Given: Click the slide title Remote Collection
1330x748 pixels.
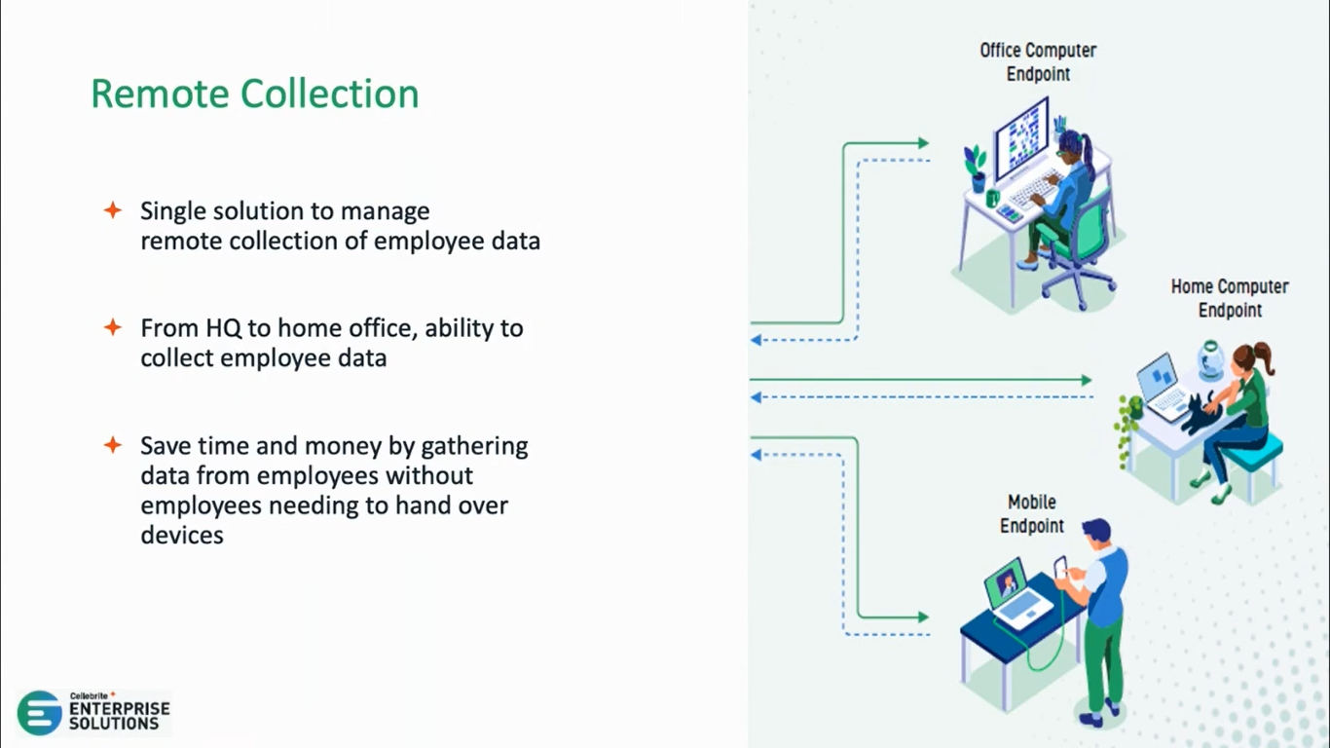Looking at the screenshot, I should (x=255, y=94).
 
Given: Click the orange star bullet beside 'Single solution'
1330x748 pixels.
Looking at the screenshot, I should (x=113, y=210).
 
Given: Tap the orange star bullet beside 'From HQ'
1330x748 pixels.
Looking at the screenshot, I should (x=113, y=327).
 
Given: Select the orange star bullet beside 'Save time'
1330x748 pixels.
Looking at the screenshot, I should (x=113, y=445).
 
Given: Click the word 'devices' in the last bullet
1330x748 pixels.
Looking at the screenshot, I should (x=182, y=535).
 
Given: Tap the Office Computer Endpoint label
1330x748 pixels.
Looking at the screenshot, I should (x=1038, y=61).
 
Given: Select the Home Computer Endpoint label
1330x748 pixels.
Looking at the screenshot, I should (x=1229, y=298).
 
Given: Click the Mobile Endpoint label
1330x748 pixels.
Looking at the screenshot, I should (x=1032, y=513).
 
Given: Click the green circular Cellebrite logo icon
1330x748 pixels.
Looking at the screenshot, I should (x=40, y=713).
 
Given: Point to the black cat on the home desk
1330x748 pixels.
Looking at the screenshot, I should (x=1199, y=414).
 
